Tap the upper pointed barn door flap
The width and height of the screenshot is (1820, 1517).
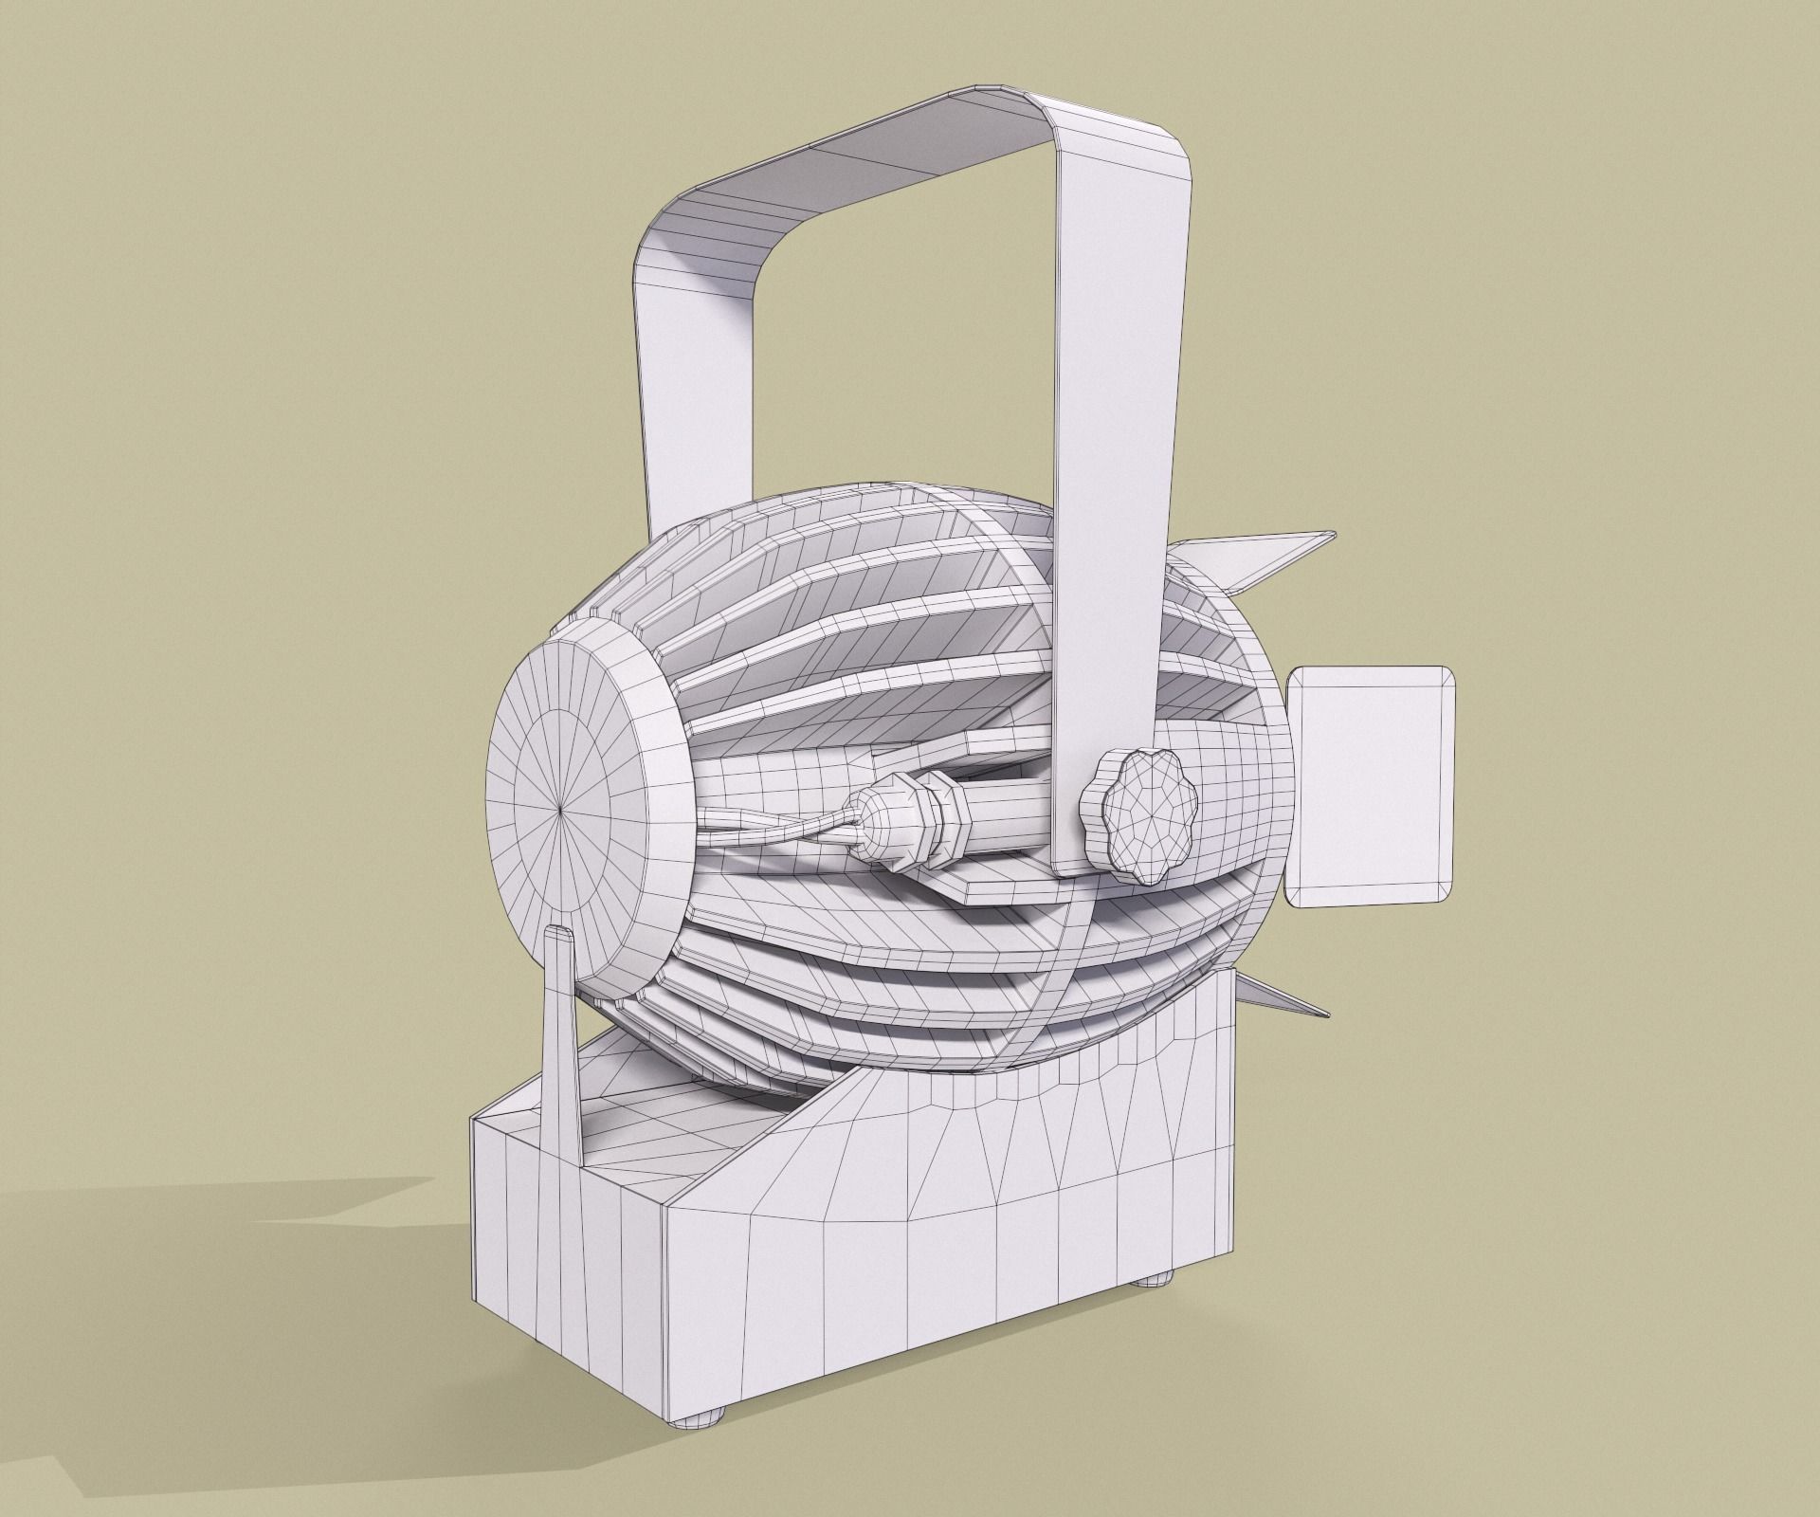click(x=1261, y=559)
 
